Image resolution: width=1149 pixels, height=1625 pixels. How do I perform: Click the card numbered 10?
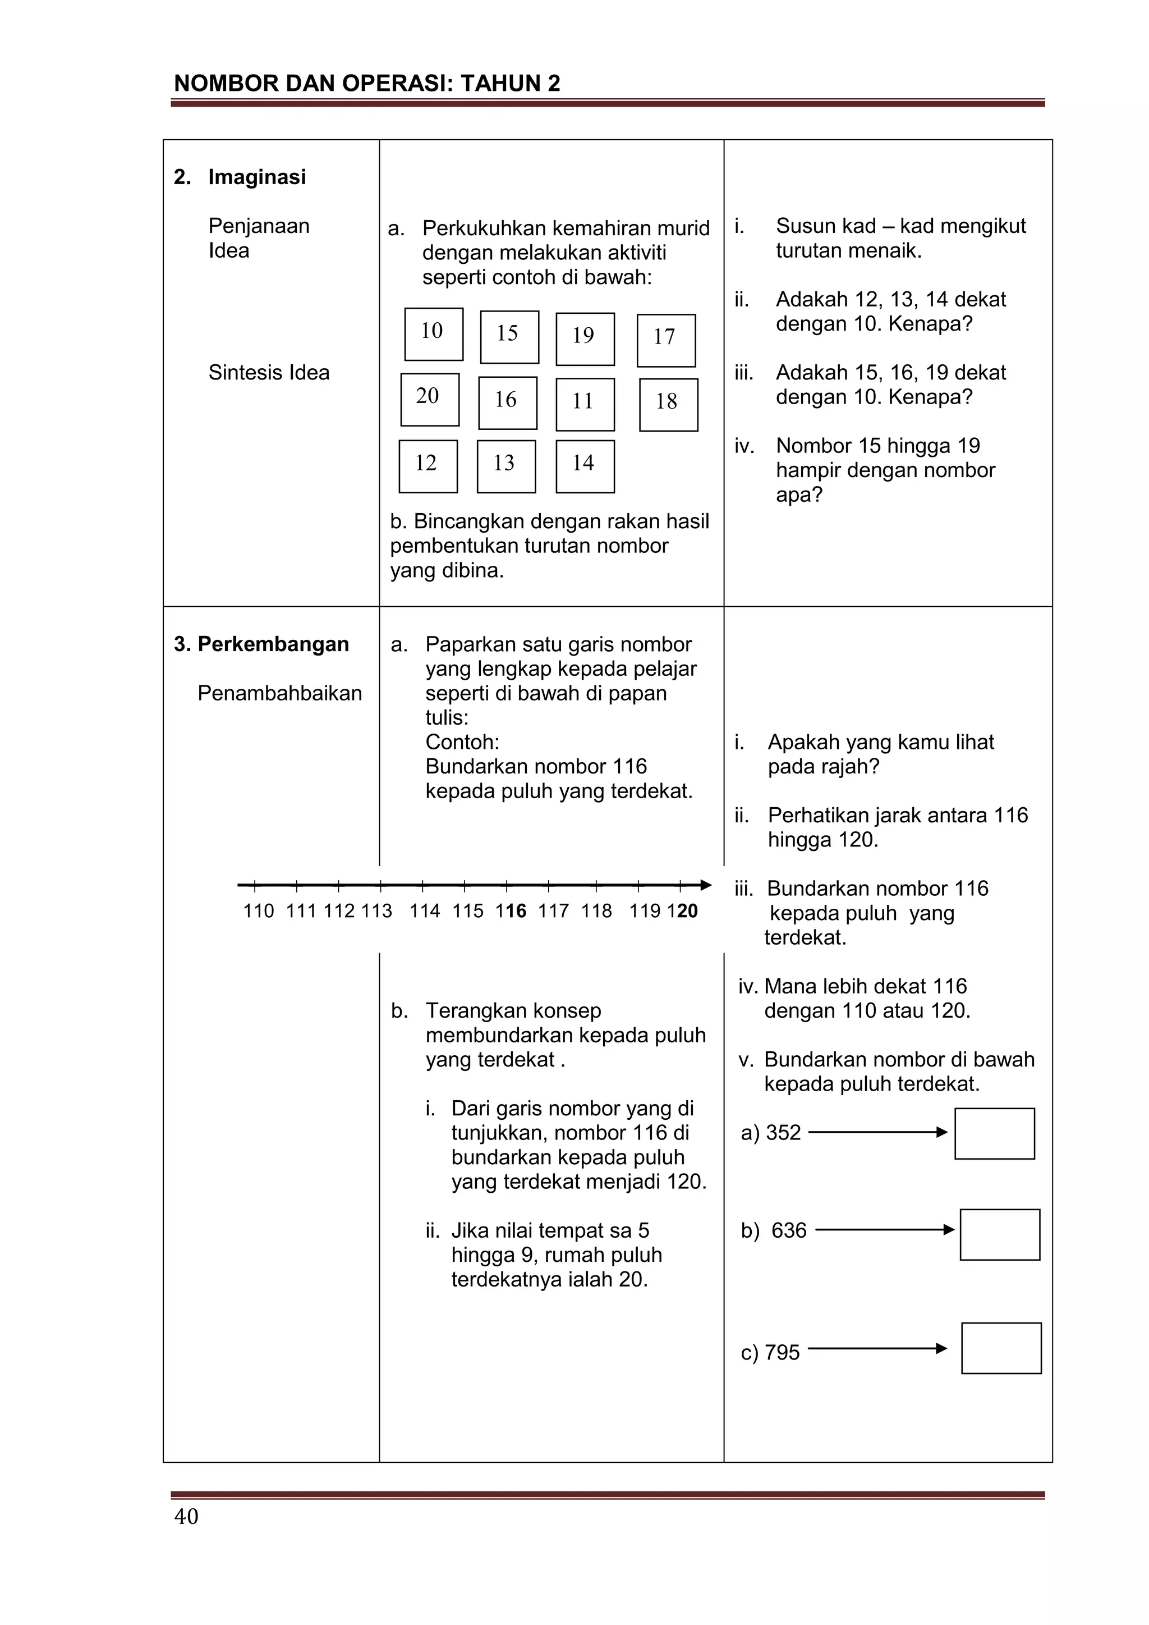[x=434, y=334]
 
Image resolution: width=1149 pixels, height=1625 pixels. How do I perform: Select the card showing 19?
[x=585, y=339]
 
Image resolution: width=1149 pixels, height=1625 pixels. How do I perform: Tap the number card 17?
[x=666, y=340]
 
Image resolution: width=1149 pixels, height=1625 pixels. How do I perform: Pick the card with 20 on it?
[x=429, y=399]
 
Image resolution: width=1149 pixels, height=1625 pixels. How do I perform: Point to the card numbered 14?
[x=585, y=466]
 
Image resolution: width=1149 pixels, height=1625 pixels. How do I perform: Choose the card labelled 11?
[x=585, y=404]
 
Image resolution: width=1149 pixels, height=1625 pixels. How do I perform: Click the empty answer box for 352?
[x=994, y=1133]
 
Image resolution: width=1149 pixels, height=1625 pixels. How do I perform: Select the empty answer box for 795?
[x=1001, y=1348]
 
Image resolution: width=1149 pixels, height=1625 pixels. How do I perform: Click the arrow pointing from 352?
[x=877, y=1132]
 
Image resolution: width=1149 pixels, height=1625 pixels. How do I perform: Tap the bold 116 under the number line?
[x=511, y=911]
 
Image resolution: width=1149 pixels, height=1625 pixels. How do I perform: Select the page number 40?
[x=186, y=1517]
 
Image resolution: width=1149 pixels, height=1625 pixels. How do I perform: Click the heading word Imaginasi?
[x=257, y=177]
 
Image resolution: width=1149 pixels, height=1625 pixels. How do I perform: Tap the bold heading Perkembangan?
[x=273, y=644]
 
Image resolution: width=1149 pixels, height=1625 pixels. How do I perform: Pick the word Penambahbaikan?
[x=279, y=693]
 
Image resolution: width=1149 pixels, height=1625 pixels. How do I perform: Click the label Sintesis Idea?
[x=269, y=372]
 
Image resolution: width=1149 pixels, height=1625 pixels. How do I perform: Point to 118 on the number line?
[x=596, y=911]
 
